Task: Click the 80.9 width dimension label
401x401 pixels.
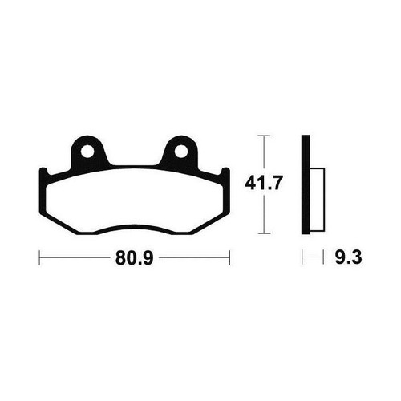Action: point(135,258)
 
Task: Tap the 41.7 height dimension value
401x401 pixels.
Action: point(264,184)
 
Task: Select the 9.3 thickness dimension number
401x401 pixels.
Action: point(348,257)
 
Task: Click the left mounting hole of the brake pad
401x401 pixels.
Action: point(87,152)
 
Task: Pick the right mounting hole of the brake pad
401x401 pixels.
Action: point(181,152)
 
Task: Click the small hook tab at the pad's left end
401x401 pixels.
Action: point(43,172)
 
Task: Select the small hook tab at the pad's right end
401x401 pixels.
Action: point(225,172)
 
